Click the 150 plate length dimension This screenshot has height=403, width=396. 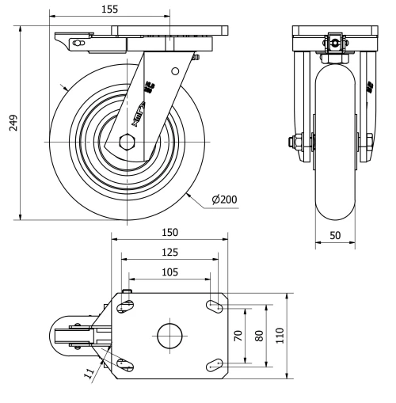(169, 232)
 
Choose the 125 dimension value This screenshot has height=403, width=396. (169, 252)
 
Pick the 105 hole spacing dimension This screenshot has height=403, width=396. (169, 272)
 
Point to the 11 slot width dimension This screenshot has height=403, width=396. (89, 370)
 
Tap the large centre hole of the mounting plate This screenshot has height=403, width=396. (169, 335)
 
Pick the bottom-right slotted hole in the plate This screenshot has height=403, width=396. (214, 364)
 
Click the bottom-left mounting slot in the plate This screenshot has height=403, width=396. (124, 363)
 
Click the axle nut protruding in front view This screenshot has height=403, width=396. (295, 143)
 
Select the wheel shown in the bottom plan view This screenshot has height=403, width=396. (67, 335)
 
